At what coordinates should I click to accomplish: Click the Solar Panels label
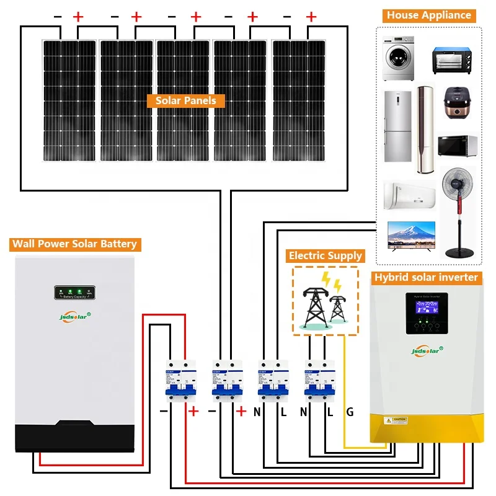tap(185, 100)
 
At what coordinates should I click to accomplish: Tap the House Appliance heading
tap(428, 15)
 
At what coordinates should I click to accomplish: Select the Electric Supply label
tap(325, 255)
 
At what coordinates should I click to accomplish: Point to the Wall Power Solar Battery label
tap(74, 244)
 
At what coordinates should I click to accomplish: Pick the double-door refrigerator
tap(397, 126)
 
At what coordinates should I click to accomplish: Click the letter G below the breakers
tap(350, 412)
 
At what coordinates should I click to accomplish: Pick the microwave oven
tap(458, 146)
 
